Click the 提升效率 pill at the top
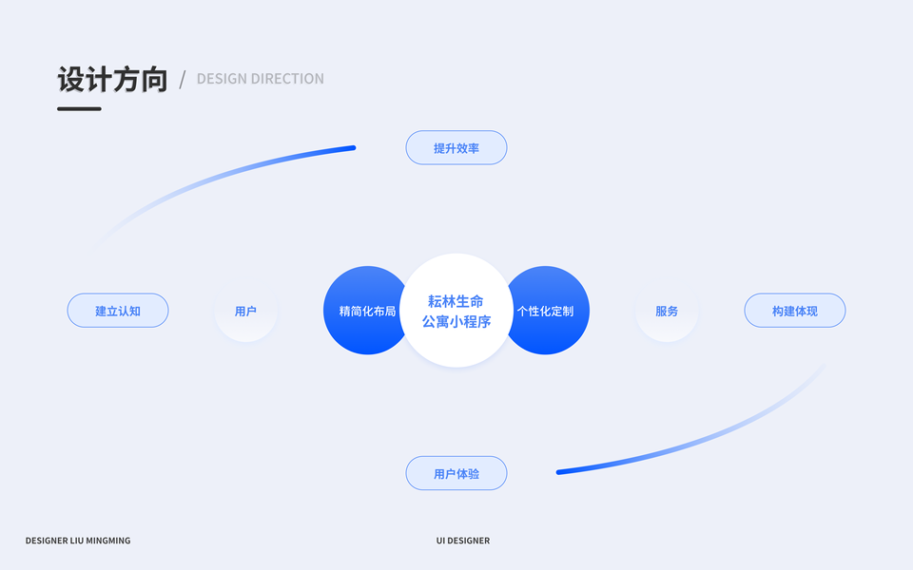[456, 148]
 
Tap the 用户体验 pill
[456, 473]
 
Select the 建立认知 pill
[118, 311]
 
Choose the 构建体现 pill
[795, 311]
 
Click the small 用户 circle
[245, 311]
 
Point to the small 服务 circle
[667, 311]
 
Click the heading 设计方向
[112, 80]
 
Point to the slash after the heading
[183, 80]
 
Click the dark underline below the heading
[79, 108]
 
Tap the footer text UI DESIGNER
[463, 541]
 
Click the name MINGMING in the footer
[107, 541]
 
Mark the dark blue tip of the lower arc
[561, 471]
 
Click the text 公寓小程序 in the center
[456, 322]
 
